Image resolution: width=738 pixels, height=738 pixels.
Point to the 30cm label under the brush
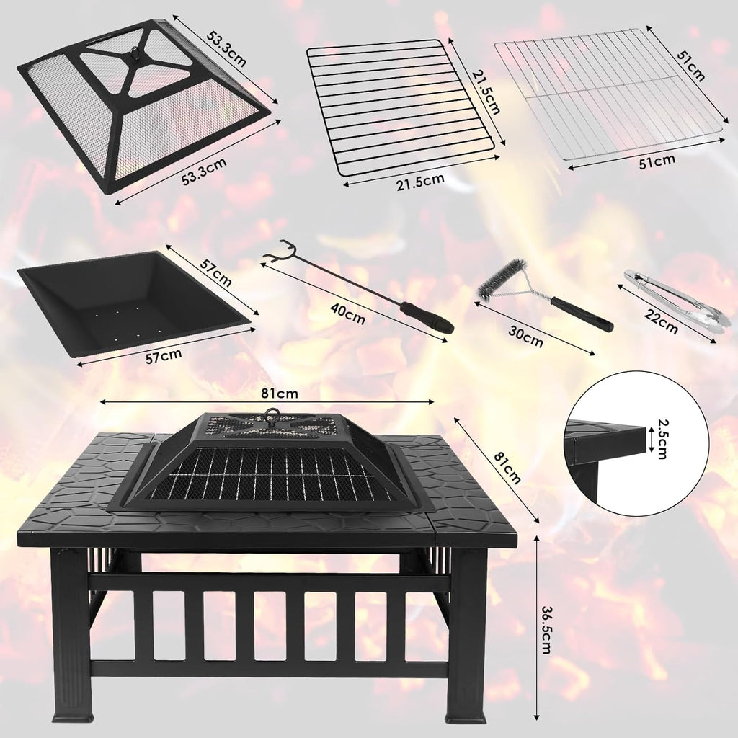[525, 337]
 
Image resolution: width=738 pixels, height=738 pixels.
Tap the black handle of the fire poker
[427, 317]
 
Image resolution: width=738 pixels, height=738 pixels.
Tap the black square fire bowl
[130, 299]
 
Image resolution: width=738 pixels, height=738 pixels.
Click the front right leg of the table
[466, 634]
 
